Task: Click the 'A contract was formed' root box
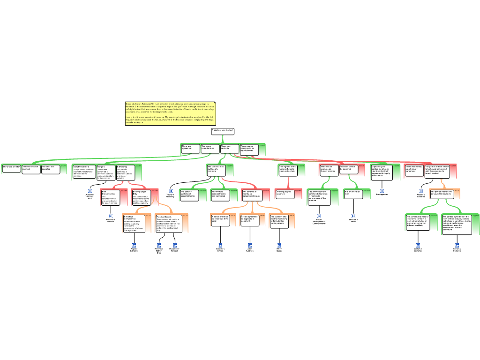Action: coord(222,131)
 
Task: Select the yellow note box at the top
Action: coord(170,113)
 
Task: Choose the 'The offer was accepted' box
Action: coord(50,169)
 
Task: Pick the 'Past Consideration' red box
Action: coord(111,197)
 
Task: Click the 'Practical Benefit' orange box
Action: coord(165,224)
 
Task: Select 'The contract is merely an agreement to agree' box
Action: coord(252,195)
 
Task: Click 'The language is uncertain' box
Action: coord(285,194)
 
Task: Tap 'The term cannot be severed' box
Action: coord(349,169)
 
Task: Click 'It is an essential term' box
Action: coord(353,194)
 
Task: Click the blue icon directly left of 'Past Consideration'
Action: coord(90,191)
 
